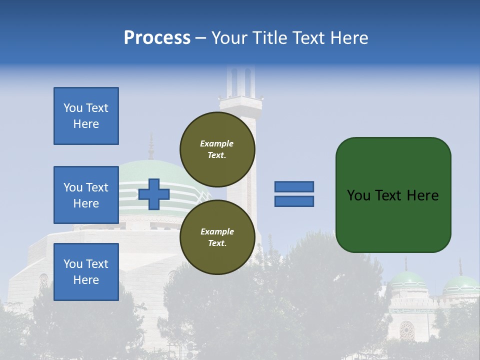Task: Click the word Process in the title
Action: click(x=157, y=38)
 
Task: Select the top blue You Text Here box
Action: click(x=86, y=116)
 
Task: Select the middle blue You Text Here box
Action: click(x=86, y=195)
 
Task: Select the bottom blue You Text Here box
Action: click(x=86, y=272)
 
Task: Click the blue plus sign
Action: click(x=154, y=194)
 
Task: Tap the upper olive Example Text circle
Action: click(x=217, y=149)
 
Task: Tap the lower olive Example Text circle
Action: click(x=217, y=237)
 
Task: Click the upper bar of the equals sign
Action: click(x=294, y=187)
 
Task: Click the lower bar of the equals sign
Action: click(x=294, y=201)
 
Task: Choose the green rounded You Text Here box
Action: click(x=393, y=195)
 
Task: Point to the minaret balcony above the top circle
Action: click(x=241, y=103)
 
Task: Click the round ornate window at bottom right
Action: click(x=406, y=330)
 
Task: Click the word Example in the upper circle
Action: click(x=217, y=143)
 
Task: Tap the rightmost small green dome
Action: click(x=461, y=286)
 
